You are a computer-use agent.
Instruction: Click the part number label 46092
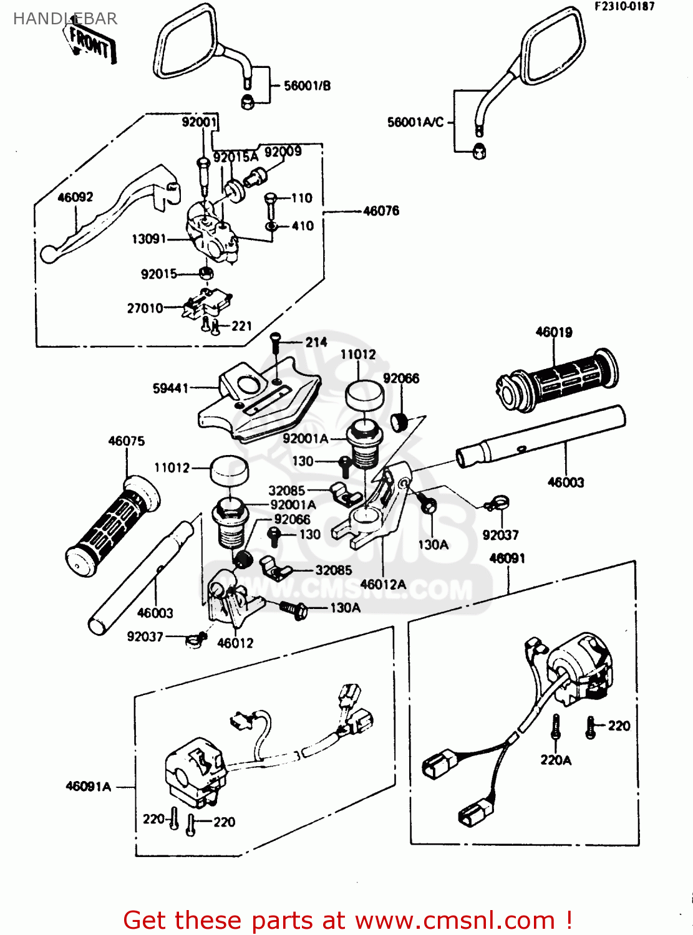click(75, 198)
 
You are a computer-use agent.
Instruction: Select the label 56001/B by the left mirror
click(307, 86)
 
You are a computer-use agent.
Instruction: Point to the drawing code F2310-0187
click(624, 7)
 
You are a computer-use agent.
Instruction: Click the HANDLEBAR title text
click(65, 19)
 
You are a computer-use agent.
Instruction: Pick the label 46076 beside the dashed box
click(380, 211)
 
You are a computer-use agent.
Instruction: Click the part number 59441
click(170, 388)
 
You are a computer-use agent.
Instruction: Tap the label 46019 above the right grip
click(554, 332)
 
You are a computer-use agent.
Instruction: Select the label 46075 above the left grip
click(126, 441)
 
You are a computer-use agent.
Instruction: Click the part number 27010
click(145, 308)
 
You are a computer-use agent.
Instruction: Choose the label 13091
click(148, 239)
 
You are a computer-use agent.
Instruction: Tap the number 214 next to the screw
click(316, 342)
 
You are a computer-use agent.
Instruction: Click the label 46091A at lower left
click(88, 787)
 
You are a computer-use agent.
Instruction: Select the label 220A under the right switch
click(555, 760)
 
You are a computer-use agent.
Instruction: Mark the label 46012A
click(383, 585)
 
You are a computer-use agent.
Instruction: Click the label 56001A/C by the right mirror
click(415, 122)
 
